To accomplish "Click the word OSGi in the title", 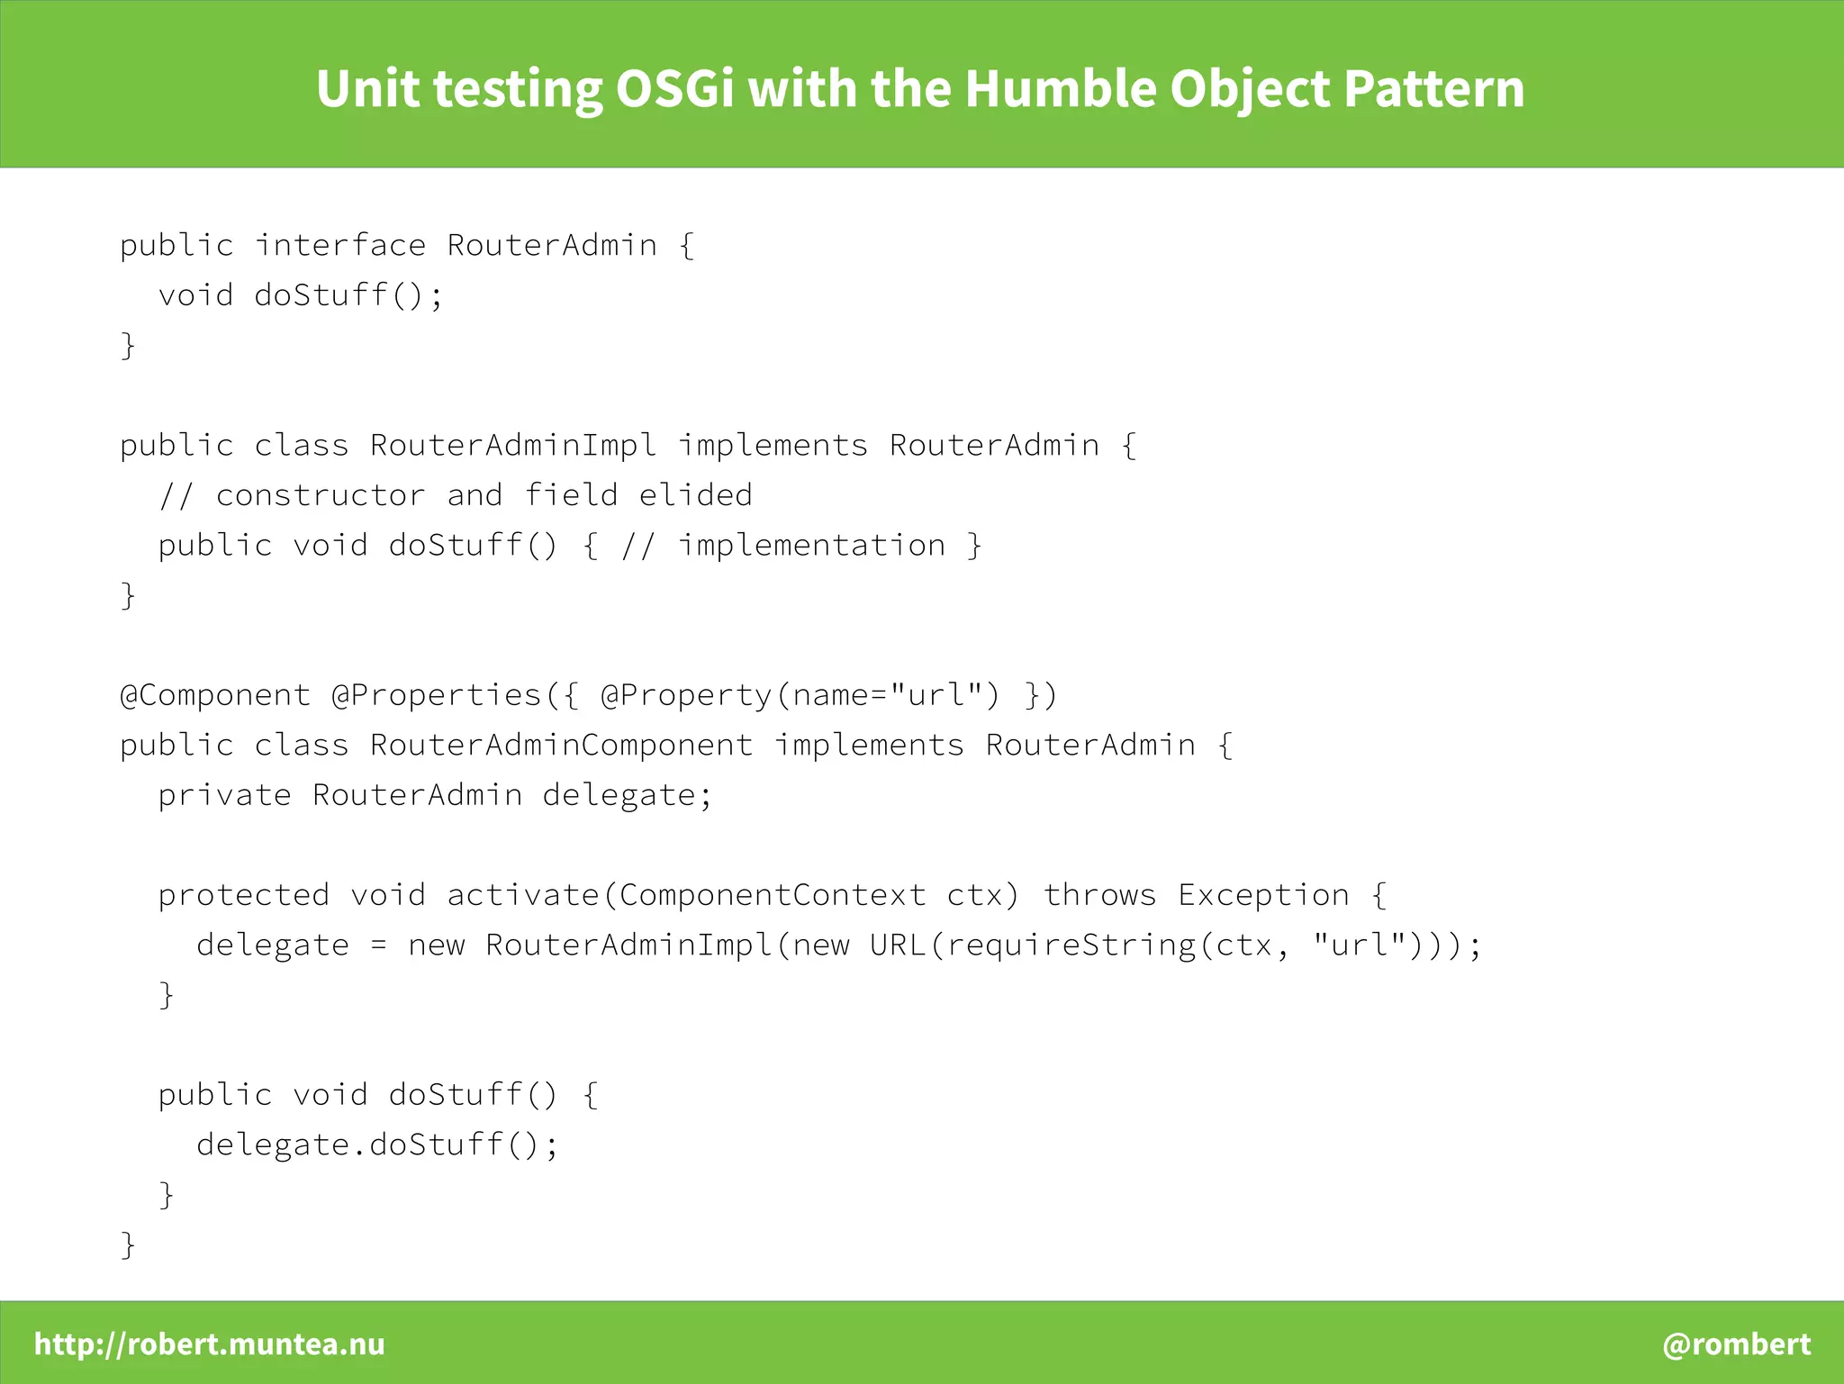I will pos(674,89).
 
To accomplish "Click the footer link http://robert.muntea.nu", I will pos(209,1343).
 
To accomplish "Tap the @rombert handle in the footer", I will pos(1736,1343).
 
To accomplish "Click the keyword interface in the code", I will pos(340,245).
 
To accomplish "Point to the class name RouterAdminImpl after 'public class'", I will pos(513,445).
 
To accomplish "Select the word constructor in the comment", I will pos(321,495).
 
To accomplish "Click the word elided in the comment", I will pos(695,495).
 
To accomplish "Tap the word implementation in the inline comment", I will pos(811,546).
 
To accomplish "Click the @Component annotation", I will pos(215,695).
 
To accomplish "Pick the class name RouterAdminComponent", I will pos(561,746).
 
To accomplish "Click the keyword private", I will pos(224,795).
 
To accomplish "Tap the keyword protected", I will pos(243,895).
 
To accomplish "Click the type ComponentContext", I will pos(772,895).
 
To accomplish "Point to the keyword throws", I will pos(1099,895).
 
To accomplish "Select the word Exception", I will pos(1263,895).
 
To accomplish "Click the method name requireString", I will pos(1071,945).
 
